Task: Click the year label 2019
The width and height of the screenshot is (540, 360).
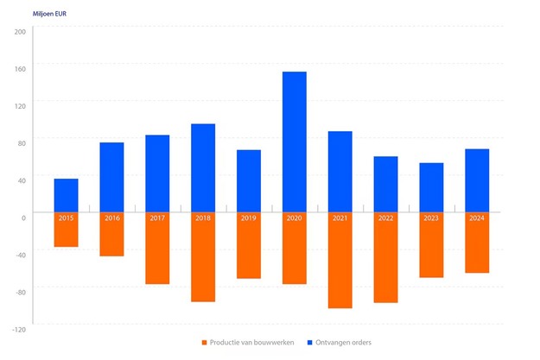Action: click(x=249, y=218)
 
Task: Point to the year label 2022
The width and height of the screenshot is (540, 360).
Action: click(x=386, y=218)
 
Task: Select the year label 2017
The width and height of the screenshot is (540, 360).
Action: click(x=157, y=218)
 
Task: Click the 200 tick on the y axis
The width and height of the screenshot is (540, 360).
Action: click(x=20, y=31)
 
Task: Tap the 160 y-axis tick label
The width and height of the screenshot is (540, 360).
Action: click(x=20, y=68)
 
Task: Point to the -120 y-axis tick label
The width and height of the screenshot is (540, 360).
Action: click(x=19, y=329)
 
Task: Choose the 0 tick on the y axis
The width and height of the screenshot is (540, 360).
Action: click(x=24, y=217)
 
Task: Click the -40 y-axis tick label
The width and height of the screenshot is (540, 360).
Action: click(x=21, y=254)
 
